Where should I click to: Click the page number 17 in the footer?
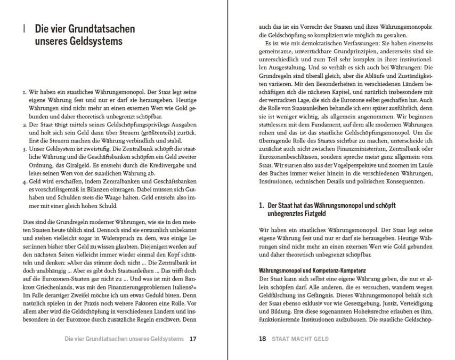[x=193, y=339]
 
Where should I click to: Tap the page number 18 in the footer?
[x=262, y=339]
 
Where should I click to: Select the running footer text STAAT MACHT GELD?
[x=300, y=339]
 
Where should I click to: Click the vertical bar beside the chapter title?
[x=24, y=28]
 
